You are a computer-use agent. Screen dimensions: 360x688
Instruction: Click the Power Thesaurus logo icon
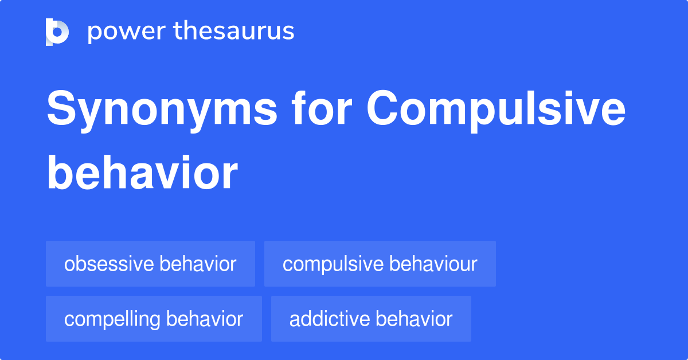(57, 32)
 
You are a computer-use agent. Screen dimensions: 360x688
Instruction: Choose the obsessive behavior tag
(150, 264)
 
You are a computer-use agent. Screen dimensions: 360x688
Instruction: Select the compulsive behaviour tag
(380, 264)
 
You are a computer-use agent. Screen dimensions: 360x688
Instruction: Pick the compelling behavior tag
(154, 319)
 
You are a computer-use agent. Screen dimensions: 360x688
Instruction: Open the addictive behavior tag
(371, 319)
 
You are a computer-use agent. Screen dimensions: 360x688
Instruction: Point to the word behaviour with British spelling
(433, 264)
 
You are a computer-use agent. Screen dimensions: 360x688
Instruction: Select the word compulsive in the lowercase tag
(333, 265)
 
